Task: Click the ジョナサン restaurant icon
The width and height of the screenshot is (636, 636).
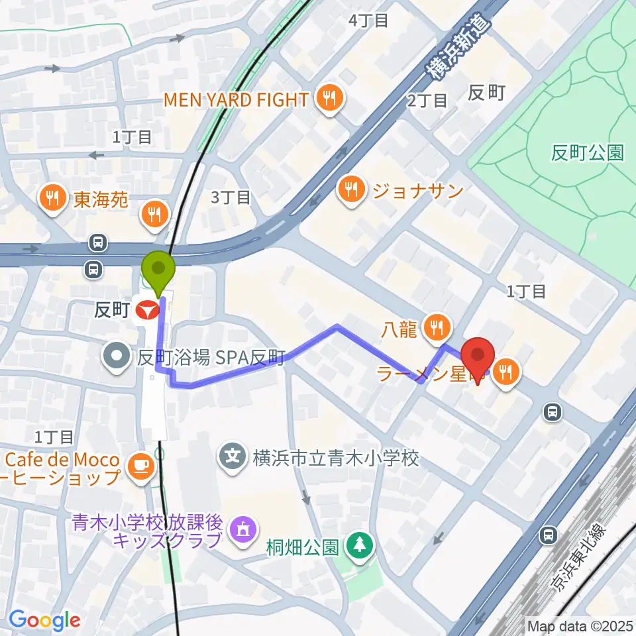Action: pyautogui.click(x=351, y=191)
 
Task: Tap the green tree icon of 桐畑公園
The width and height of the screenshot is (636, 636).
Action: pyautogui.click(x=360, y=547)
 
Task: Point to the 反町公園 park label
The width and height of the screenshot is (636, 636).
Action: pyautogui.click(x=587, y=153)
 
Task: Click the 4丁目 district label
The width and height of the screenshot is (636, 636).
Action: pyautogui.click(x=368, y=21)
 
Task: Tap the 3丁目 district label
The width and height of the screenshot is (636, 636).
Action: pyautogui.click(x=230, y=197)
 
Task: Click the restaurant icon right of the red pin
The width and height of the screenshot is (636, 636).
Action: pyautogui.click(x=507, y=372)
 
